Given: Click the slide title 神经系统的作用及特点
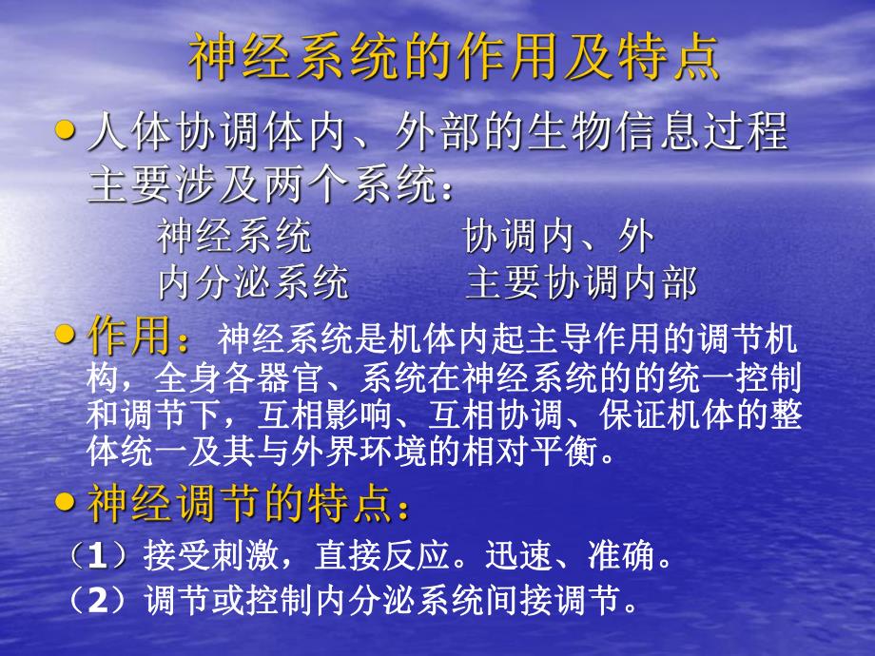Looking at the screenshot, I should point(454,59).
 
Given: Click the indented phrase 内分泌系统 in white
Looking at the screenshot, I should point(253,282).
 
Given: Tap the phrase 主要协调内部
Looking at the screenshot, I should point(582,282).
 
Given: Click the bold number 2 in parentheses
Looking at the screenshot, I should point(97,600).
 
